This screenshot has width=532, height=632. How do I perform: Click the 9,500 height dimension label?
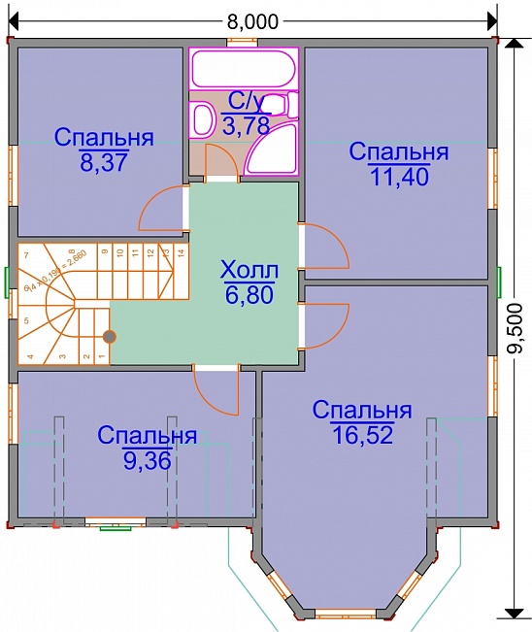tap(515, 331)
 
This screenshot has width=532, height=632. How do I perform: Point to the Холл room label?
tap(249, 268)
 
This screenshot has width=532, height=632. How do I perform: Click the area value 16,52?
tap(361, 435)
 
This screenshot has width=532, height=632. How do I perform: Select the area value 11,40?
tap(398, 176)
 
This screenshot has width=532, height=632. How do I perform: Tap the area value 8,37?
tap(104, 163)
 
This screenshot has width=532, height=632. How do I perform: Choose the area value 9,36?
tap(148, 460)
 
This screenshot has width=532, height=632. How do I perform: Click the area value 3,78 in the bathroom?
tap(242, 125)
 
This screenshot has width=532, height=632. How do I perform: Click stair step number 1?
tap(101, 356)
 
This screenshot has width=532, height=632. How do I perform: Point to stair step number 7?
tap(26, 255)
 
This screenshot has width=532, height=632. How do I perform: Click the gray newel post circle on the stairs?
tap(110, 337)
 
